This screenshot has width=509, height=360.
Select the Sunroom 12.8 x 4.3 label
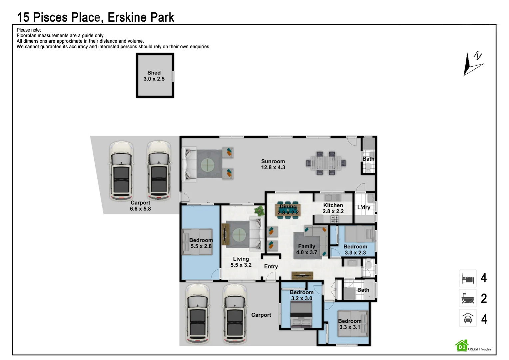click(x=273, y=164)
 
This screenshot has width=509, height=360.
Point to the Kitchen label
click(x=333, y=205)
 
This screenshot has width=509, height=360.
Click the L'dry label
click(x=364, y=207)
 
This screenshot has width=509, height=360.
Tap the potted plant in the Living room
click(x=259, y=211)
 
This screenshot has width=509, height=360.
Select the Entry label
click(x=271, y=266)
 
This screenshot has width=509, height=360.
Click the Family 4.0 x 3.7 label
click(x=306, y=249)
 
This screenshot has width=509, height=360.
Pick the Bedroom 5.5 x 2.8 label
click(x=201, y=243)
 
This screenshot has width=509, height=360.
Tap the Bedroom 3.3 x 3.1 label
click(x=349, y=324)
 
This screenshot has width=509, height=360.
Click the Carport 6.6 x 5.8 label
click(x=140, y=206)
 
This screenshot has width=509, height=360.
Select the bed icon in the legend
click(x=468, y=278)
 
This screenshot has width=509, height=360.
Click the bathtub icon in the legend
click(x=468, y=298)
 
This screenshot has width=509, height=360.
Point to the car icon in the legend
click(x=468, y=318)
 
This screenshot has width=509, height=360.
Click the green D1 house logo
click(x=462, y=346)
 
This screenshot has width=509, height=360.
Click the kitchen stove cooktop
click(x=334, y=219)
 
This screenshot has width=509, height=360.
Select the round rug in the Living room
click(x=239, y=235)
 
